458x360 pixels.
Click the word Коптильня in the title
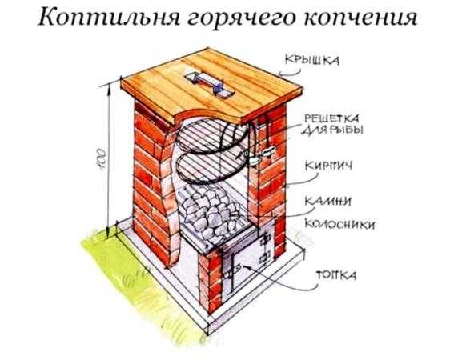pyautogui.click(x=108, y=18)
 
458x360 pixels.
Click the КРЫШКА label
pyautogui.click(x=312, y=60)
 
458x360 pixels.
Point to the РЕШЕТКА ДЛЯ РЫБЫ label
pyautogui.click(x=331, y=124)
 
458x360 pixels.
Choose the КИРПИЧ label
pyautogui.click(x=328, y=166)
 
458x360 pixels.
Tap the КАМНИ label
pyautogui.click(x=327, y=201)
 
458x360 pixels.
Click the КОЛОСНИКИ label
pyautogui.click(x=339, y=224)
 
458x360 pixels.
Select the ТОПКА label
pyautogui.click(x=336, y=275)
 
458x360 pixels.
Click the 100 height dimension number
pyautogui.click(x=101, y=159)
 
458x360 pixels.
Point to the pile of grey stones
pyautogui.click(x=211, y=210)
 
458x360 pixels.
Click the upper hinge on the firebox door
pyautogui.click(x=266, y=241)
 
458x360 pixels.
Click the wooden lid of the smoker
pyautogui.click(x=211, y=85)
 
